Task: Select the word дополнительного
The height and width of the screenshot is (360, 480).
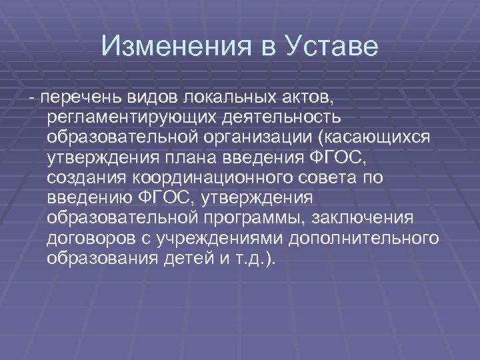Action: coord(367,239)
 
